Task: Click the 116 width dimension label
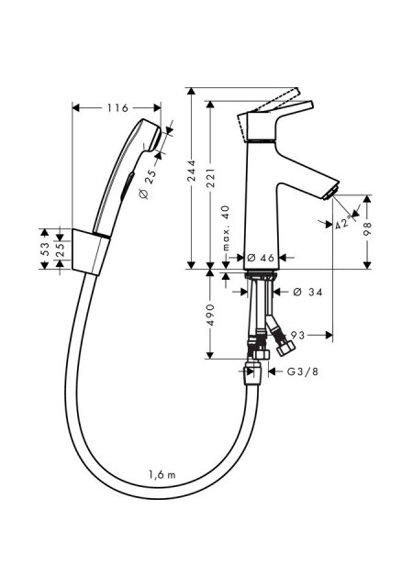pyautogui.click(x=117, y=108)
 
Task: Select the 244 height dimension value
pyautogui.click(x=192, y=171)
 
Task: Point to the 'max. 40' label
pyautogui.click(x=225, y=228)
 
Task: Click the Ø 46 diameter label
pyautogui.click(x=262, y=258)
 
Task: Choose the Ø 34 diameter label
pyautogui.click(x=307, y=292)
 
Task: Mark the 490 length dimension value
pyautogui.click(x=210, y=315)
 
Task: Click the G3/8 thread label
pyautogui.click(x=303, y=371)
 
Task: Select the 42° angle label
pyautogui.click(x=344, y=223)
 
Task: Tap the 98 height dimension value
pyautogui.click(x=367, y=228)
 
